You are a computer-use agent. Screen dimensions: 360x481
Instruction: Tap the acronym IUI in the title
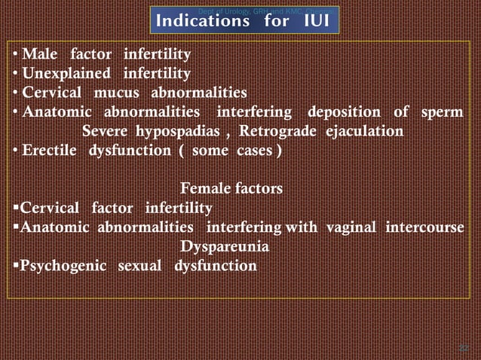pyautogui.click(x=314, y=21)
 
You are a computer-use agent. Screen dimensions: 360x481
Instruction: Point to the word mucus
pyautogui.click(x=118, y=93)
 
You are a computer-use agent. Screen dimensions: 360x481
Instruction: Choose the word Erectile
pyautogui.click(x=51, y=151)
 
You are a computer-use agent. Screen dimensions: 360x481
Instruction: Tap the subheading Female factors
pyautogui.click(x=232, y=188)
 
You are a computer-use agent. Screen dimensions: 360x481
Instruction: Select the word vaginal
pyautogui.click(x=351, y=227)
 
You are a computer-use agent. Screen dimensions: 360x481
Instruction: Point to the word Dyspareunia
pyautogui.click(x=225, y=246)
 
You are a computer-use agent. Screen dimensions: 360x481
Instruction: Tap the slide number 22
pyautogui.click(x=464, y=346)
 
